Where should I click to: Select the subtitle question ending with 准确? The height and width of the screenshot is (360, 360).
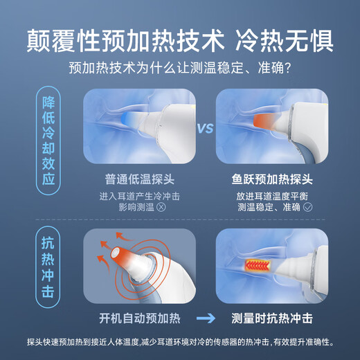tap(179, 69)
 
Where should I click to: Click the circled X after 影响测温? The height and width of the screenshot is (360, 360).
tap(161, 206)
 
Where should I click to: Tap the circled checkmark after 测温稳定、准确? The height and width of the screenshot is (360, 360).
tap(308, 206)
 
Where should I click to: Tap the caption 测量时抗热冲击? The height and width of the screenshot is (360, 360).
tap(272, 319)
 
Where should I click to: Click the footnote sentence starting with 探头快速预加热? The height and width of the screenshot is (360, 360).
tap(179, 342)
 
